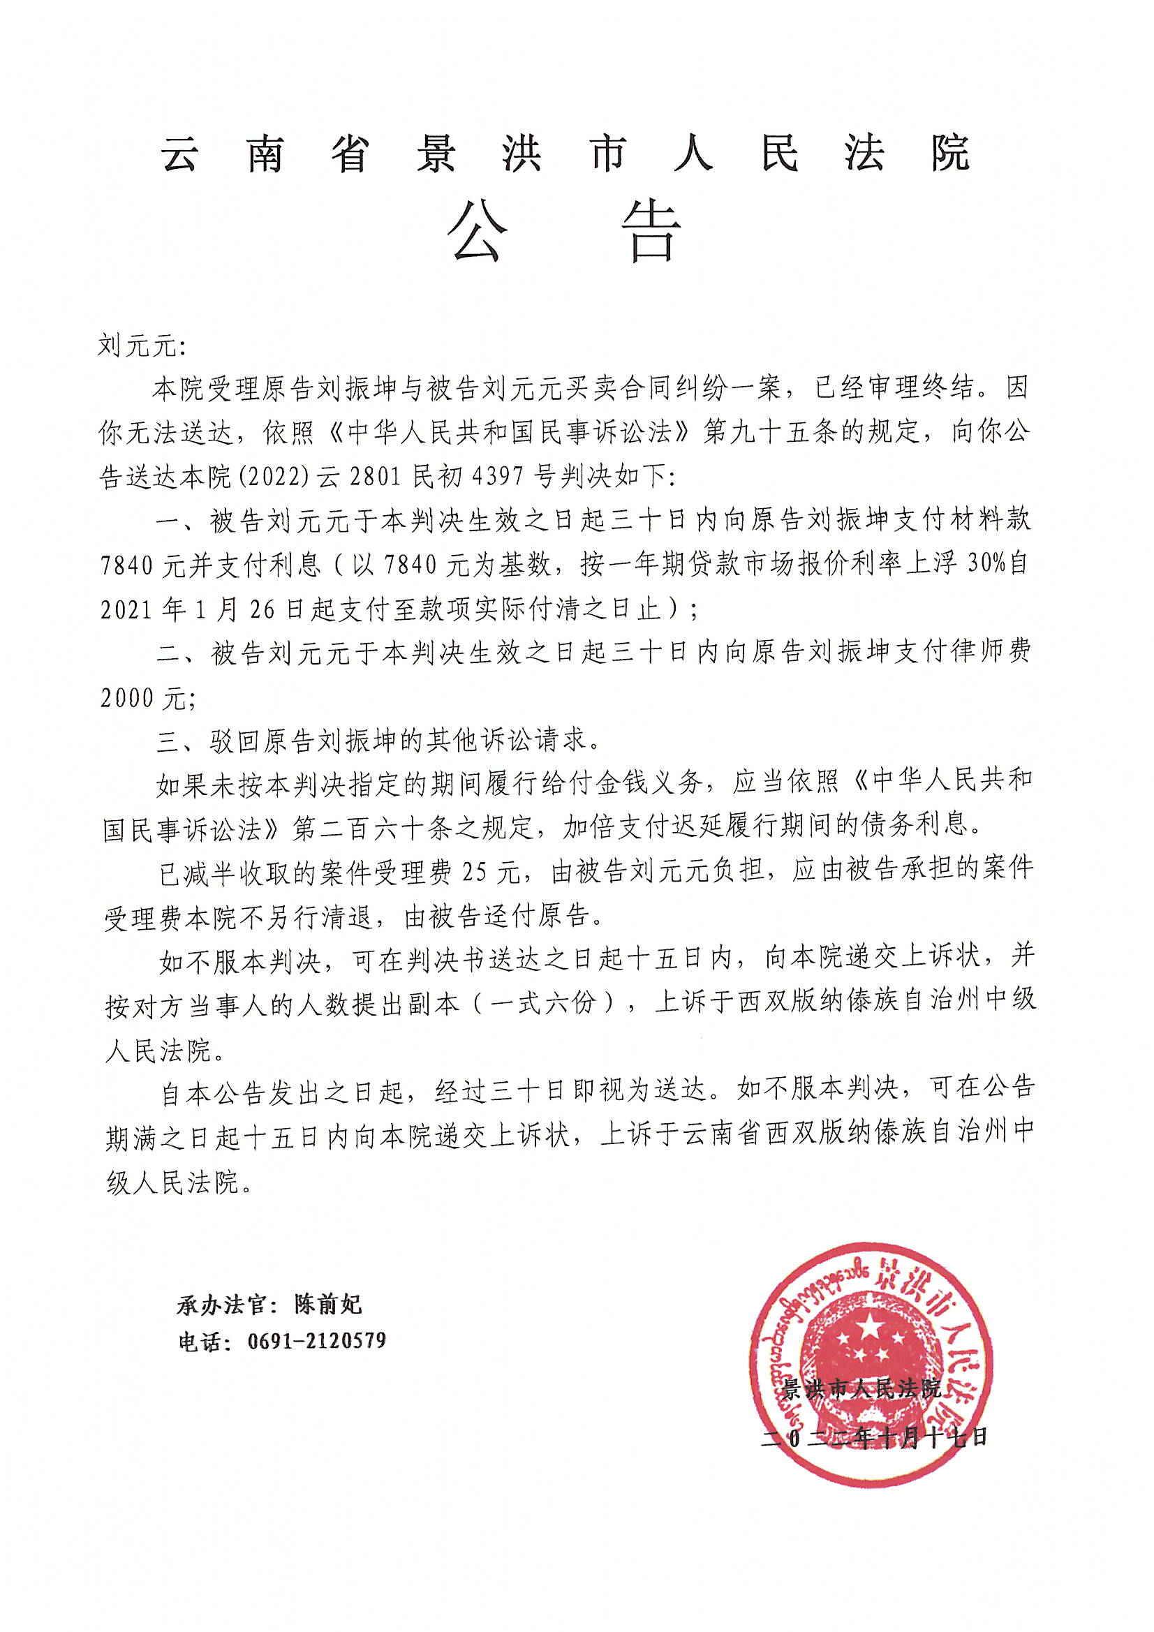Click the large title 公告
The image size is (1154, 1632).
tap(565, 232)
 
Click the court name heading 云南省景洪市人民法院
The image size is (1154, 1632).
tap(565, 154)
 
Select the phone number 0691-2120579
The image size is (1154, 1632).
tap(316, 1342)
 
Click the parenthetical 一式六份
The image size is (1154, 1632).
tap(555, 1003)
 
